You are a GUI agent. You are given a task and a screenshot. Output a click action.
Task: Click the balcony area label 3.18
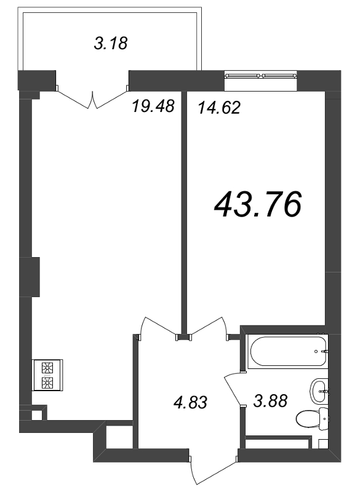coord(111,43)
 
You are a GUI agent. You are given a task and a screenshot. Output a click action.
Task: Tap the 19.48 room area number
coord(153,106)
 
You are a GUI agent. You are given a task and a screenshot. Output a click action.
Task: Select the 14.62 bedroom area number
coord(219,108)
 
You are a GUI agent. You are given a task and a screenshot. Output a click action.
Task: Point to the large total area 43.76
coord(258,204)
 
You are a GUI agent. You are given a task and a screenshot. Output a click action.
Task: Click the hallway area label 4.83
coord(190,402)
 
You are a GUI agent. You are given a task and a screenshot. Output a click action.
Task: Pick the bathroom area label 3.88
coord(270,401)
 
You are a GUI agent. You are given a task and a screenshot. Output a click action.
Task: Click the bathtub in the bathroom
coord(287,351)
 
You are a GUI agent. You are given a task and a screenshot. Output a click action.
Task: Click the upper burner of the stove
coord(47,367)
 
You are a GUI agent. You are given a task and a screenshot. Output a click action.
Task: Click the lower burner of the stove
coord(47,382)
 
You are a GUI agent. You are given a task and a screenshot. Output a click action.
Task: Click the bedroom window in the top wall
coord(260,76)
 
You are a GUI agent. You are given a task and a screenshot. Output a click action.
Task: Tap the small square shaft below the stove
coord(36,416)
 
